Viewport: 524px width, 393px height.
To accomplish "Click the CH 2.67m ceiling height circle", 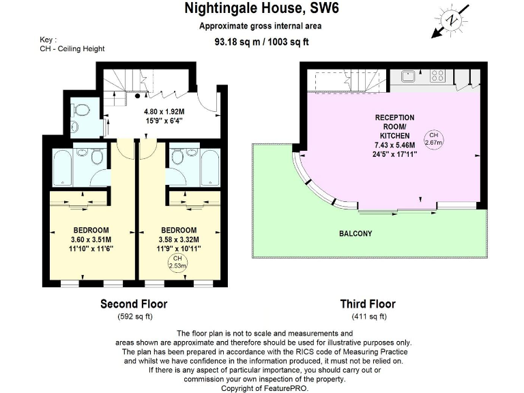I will [434, 139].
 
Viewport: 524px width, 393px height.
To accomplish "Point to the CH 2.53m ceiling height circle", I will [177, 263].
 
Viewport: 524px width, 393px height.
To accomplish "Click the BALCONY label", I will [355, 234].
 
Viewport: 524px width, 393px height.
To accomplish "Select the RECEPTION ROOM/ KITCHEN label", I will [394, 127].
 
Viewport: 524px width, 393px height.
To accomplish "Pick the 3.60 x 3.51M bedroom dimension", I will [91, 239].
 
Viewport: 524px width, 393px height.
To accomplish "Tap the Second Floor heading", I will [134, 304].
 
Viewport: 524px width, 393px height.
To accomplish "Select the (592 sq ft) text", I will [134, 317].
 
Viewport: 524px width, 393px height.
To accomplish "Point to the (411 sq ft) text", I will [369, 317].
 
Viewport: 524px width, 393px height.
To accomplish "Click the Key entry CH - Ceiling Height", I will [72, 49].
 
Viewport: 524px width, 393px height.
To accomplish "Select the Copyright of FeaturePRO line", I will [263, 387].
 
